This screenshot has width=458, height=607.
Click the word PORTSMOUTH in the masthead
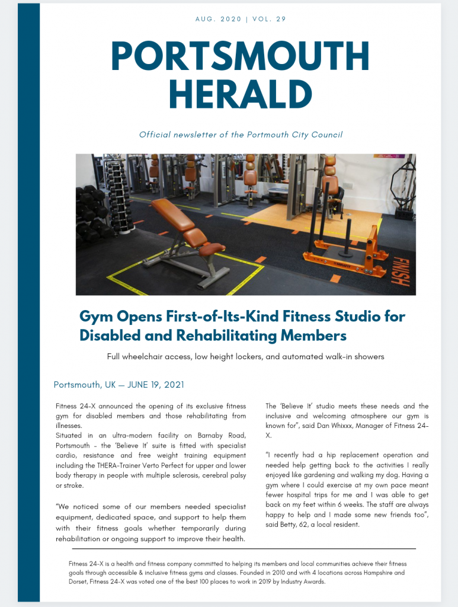point(240,56)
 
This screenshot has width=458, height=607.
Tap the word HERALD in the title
point(240,94)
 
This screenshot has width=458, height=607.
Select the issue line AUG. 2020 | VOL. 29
point(241,19)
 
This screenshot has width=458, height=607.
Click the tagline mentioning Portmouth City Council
point(241,135)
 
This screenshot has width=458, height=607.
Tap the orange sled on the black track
point(341,252)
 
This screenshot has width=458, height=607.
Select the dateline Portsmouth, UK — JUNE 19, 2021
point(118,385)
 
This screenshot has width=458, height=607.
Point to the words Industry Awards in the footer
point(304,582)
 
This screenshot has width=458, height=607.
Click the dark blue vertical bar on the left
point(28,302)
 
